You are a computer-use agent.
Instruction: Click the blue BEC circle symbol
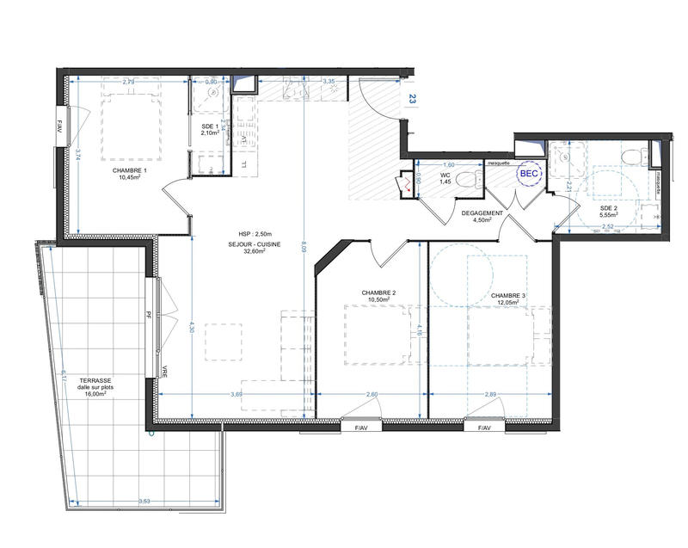[527, 174]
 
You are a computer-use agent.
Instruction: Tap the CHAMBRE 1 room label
[130, 170]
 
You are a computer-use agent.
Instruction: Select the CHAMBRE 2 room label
[378, 293]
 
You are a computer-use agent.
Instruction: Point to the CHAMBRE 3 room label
[507, 296]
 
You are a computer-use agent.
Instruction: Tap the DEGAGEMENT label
[476, 212]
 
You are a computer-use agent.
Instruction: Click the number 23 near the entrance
[413, 100]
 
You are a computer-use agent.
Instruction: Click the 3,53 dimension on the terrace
[146, 500]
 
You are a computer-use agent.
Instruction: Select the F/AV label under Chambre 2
[353, 428]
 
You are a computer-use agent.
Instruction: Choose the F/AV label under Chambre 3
[482, 428]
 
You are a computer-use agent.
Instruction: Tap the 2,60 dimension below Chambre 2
[372, 394]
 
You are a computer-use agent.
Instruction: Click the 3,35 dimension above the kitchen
[329, 82]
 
